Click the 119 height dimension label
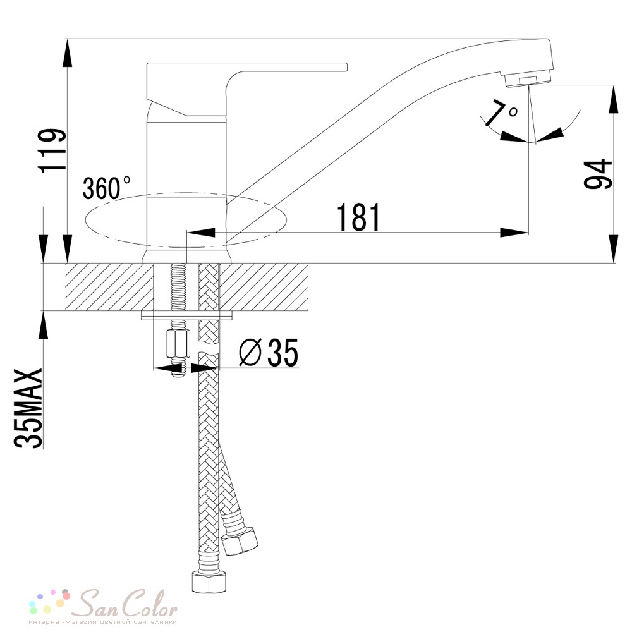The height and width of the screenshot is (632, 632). tap(51, 150)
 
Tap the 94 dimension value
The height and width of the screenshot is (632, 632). tap(598, 174)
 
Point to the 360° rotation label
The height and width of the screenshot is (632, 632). tap(106, 188)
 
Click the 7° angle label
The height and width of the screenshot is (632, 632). tap(500, 113)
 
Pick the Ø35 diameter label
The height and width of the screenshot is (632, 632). tap(269, 352)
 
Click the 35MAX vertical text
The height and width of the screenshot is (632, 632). tap(28, 408)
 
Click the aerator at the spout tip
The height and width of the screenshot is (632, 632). tap(527, 79)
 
